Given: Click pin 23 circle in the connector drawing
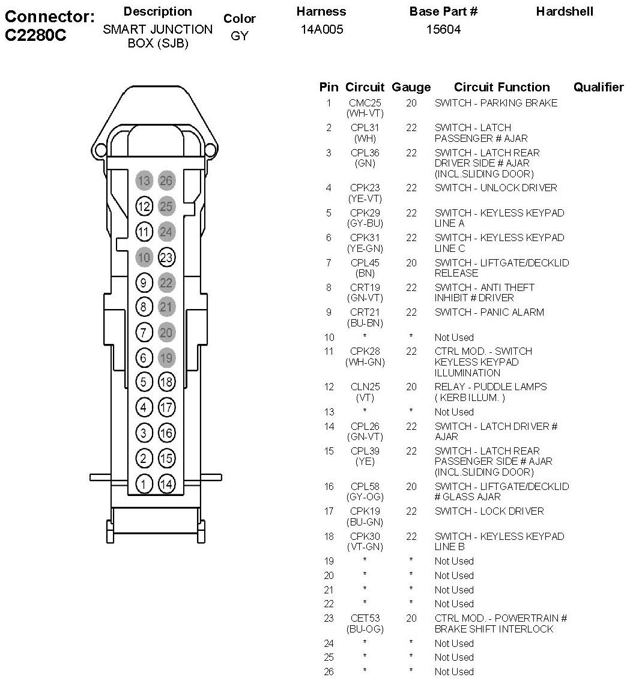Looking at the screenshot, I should pyautogui.click(x=166, y=257).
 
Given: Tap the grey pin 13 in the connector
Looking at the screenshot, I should pyautogui.click(x=144, y=180).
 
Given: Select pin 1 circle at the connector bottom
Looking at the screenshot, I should pyautogui.click(x=144, y=484).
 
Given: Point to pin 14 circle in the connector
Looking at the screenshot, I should pyautogui.click(x=166, y=484).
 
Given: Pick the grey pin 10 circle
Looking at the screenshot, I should pyautogui.click(x=144, y=257).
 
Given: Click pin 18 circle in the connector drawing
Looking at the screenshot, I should pyautogui.click(x=166, y=382).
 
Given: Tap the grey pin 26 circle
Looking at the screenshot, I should pyautogui.click(x=166, y=180).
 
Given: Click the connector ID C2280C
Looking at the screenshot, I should pyautogui.click(x=35, y=35).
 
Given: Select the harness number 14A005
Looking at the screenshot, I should pyautogui.click(x=322, y=29).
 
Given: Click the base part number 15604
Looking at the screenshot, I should pyautogui.click(x=443, y=29).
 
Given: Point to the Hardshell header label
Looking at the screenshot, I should pyautogui.click(x=564, y=11).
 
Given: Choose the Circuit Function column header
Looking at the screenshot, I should pyautogui.click(x=501, y=87).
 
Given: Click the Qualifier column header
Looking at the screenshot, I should pyautogui.click(x=598, y=87).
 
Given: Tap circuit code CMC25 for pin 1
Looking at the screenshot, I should pyautogui.click(x=365, y=103).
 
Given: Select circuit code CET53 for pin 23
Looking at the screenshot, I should pyautogui.click(x=365, y=618).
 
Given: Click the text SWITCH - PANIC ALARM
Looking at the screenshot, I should pyautogui.click(x=489, y=312).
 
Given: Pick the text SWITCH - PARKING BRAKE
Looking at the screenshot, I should pyautogui.click(x=496, y=103).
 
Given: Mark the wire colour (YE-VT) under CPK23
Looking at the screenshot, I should pyautogui.click(x=365, y=198).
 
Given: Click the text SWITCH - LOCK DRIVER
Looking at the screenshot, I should pyautogui.click(x=489, y=511).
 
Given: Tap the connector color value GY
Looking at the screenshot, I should pyautogui.click(x=239, y=36).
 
